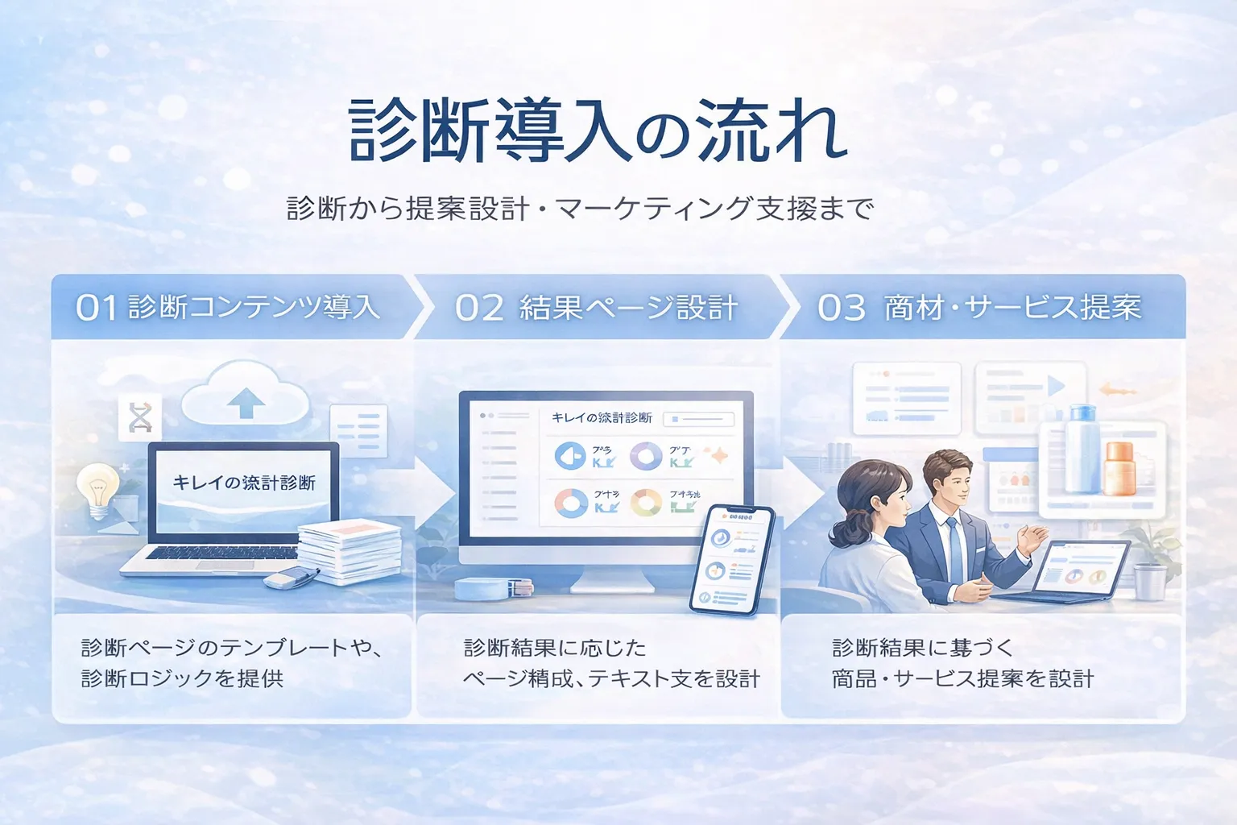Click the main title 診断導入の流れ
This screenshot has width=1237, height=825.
click(598, 131)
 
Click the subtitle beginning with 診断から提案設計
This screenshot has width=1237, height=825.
click(580, 209)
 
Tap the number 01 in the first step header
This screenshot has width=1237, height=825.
click(97, 308)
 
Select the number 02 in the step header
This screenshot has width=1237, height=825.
click(479, 308)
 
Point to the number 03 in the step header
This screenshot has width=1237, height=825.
click(842, 308)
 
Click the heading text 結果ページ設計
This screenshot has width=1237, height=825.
click(628, 308)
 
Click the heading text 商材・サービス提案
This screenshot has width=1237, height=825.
click(1012, 308)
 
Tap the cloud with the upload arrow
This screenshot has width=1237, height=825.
click(246, 395)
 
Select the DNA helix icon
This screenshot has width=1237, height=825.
click(140, 417)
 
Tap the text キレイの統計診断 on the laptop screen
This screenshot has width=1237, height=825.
click(244, 483)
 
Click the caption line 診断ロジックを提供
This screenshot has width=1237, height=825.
click(183, 678)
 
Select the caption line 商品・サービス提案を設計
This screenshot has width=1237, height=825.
click(962, 678)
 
